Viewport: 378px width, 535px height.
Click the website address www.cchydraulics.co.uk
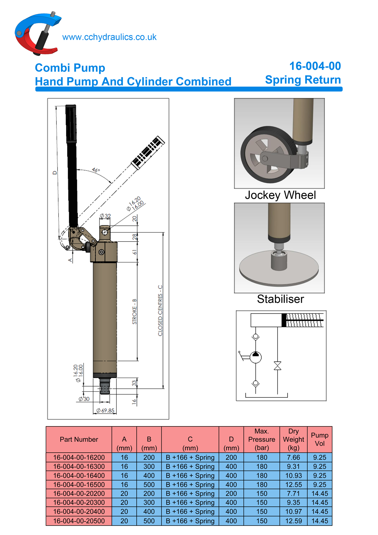[109, 37]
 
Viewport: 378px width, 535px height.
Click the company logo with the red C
[37, 34]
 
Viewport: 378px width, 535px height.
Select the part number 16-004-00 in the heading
[315, 66]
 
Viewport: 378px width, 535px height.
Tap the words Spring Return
[303, 80]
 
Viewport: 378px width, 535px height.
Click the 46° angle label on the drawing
[96, 170]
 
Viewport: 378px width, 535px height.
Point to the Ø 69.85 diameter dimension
[105, 411]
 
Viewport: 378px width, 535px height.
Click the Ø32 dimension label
[105, 216]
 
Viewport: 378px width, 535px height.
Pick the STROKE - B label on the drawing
[134, 311]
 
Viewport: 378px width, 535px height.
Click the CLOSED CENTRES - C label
[160, 311]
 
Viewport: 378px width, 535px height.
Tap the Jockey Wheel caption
[280, 195]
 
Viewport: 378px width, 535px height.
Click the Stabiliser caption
[280, 299]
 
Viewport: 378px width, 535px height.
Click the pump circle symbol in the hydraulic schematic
[256, 357]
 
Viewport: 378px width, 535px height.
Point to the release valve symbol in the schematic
[277, 366]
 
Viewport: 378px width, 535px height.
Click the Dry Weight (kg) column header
[293, 440]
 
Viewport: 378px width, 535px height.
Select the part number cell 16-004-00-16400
[79, 476]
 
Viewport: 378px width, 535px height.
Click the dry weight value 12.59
[293, 521]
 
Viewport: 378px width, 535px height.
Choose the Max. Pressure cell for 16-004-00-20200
[262, 494]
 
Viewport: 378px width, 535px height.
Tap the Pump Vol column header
[319, 440]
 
